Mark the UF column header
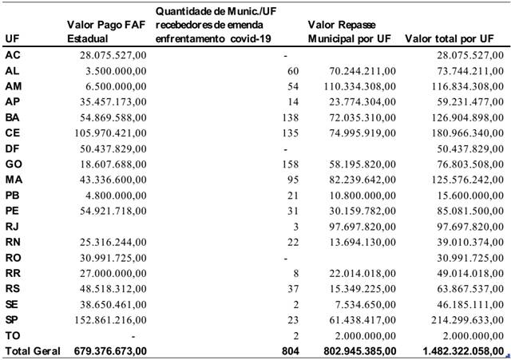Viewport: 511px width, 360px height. [x=11, y=38]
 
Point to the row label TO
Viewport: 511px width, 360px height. [x=12, y=334]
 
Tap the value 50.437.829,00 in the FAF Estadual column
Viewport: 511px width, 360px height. [x=111, y=148]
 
